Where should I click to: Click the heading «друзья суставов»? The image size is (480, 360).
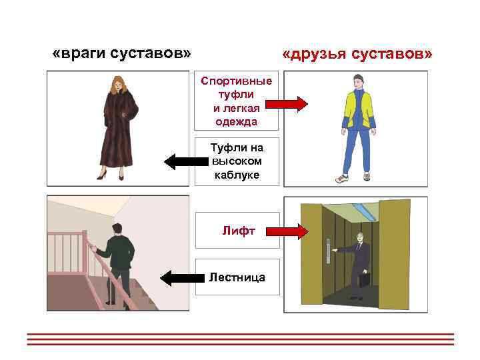357,53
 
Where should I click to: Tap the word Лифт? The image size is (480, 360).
235,231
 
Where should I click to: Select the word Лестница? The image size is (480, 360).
237,276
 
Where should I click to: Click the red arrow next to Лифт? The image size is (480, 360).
286,231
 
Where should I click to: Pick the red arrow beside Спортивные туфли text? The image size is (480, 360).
286,103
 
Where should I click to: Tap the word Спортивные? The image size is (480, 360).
237,81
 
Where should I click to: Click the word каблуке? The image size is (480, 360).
237,175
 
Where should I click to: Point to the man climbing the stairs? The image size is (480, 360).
119,260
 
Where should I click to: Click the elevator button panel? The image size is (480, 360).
328,249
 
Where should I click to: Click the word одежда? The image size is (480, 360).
237,122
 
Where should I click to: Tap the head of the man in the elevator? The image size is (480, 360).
360,237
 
